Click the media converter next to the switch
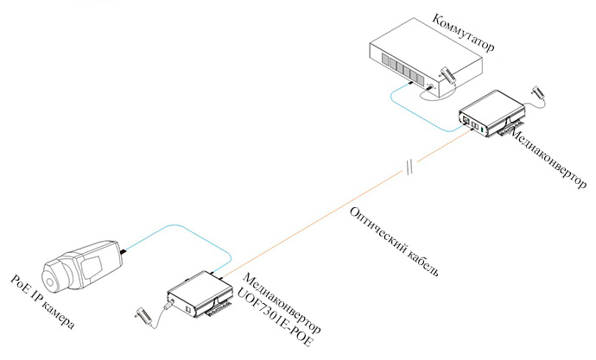click(488, 112)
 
